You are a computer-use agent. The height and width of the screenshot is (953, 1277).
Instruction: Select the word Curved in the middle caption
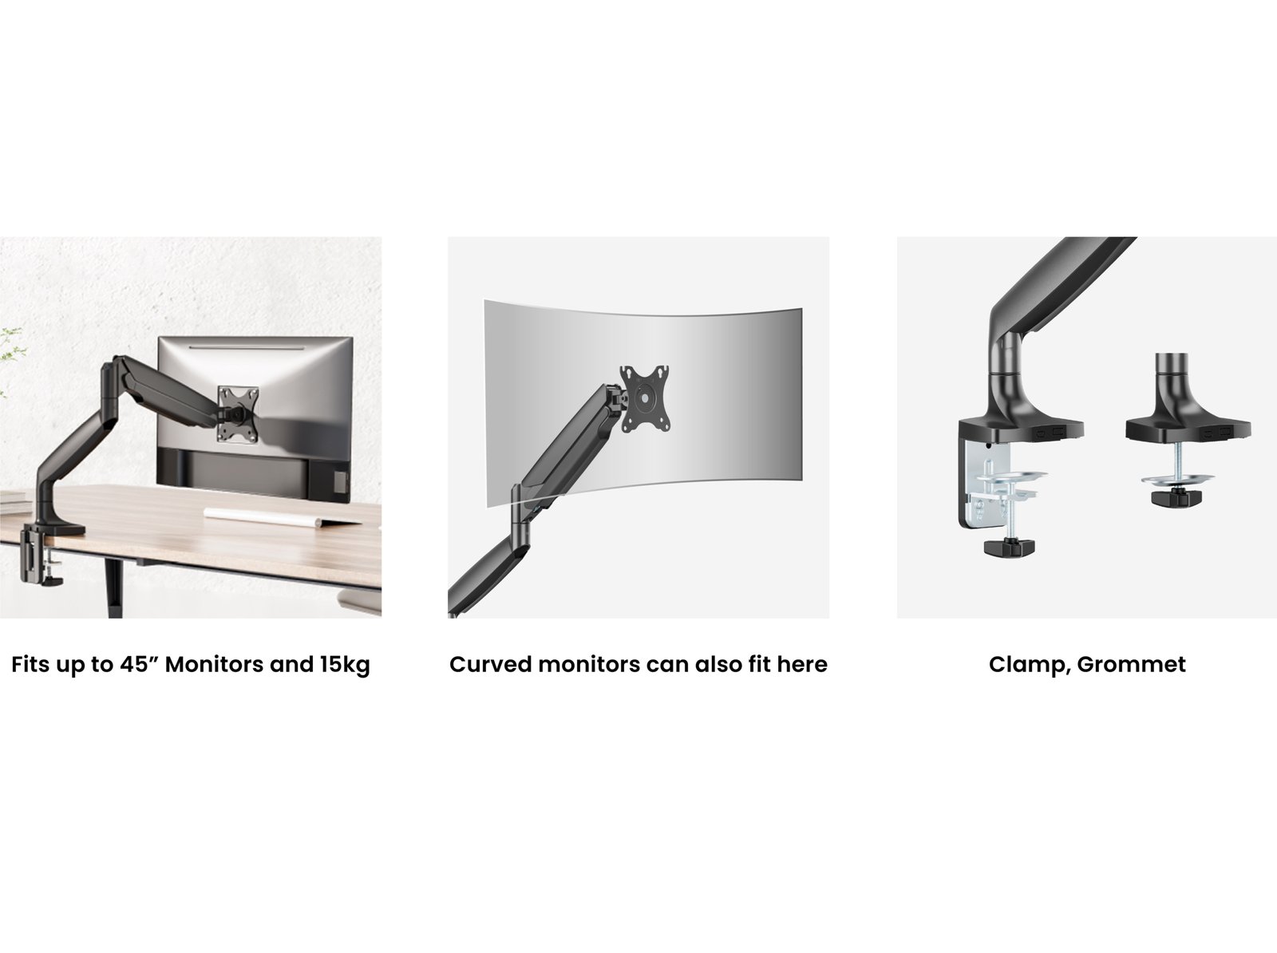click(x=490, y=664)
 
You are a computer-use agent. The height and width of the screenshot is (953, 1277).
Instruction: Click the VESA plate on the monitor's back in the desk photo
click(x=238, y=413)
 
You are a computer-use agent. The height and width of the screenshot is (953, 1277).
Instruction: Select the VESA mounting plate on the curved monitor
click(x=645, y=399)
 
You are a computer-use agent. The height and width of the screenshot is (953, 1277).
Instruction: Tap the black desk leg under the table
click(x=114, y=588)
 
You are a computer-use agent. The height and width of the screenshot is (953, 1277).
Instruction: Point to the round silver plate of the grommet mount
click(x=1177, y=478)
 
